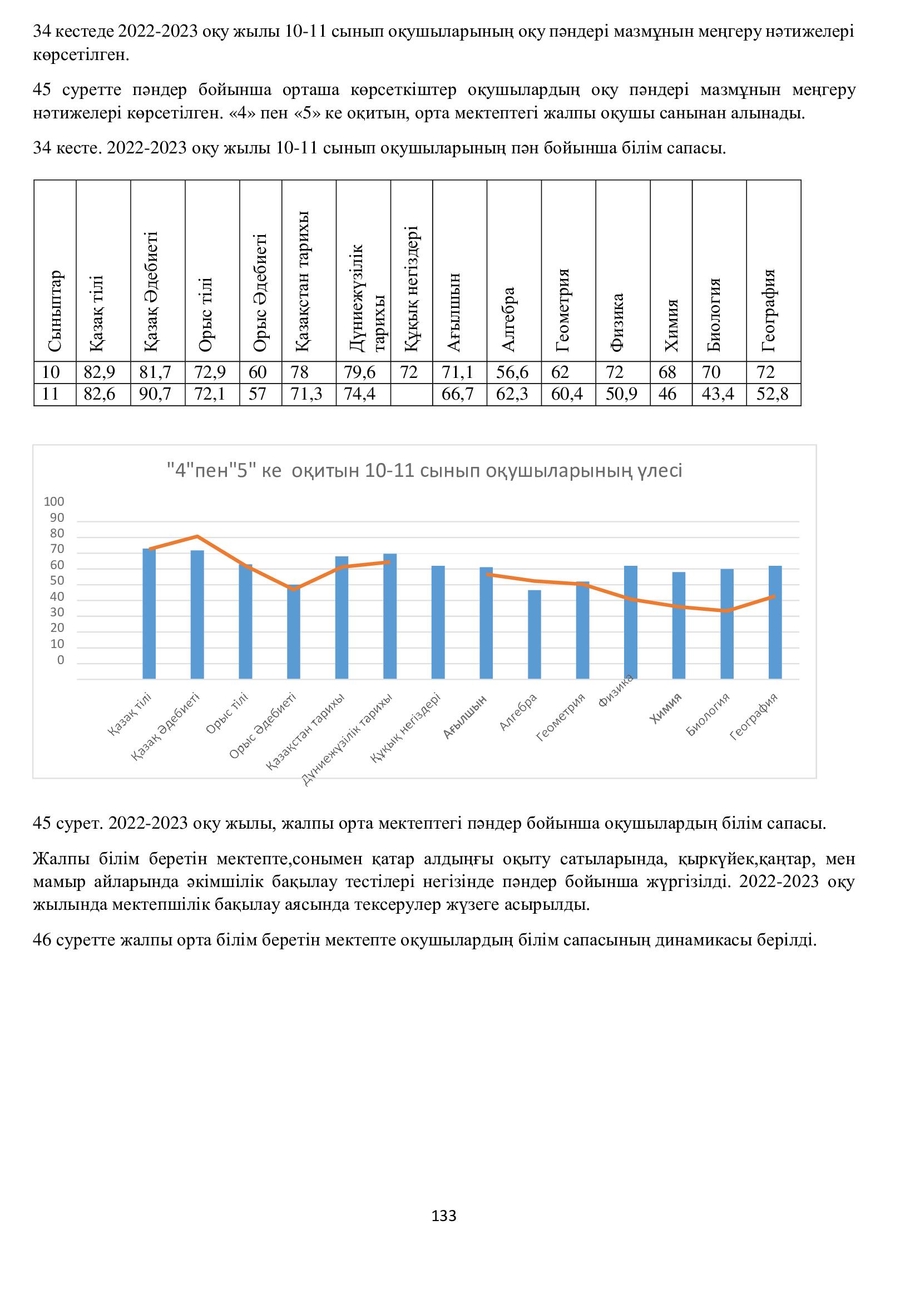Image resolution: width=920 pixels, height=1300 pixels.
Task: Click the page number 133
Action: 443,1216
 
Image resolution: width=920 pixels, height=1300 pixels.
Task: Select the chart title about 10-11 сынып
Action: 424,471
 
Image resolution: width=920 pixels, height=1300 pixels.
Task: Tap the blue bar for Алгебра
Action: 534,634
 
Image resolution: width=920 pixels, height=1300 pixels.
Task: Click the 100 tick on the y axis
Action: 55,502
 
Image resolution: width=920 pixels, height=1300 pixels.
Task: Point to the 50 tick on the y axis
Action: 57,581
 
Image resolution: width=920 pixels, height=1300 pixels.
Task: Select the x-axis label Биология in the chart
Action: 708,715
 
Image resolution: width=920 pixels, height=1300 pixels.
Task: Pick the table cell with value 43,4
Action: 718,394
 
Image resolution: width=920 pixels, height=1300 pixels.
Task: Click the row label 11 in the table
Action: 51,394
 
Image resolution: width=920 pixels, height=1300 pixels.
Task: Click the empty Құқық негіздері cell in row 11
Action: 411,394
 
